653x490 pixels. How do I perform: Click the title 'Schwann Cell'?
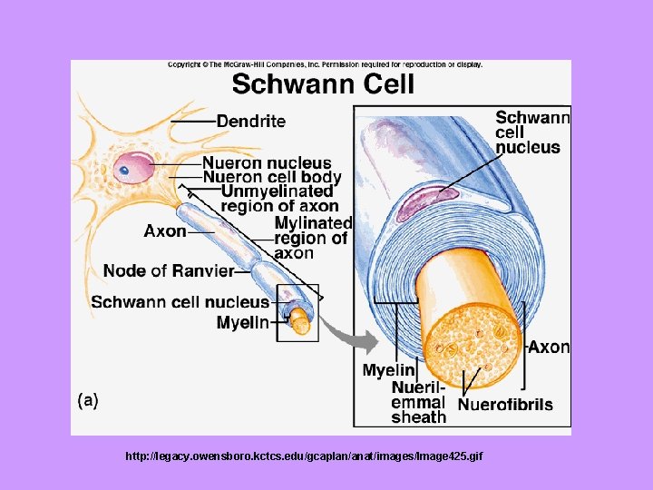[x=323, y=85]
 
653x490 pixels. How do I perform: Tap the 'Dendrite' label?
[x=251, y=121]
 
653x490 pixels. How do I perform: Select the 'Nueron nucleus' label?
[x=266, y=163]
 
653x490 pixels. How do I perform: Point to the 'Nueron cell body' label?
[x=271, y=178]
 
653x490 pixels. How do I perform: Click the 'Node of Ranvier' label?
[x=169, y=270]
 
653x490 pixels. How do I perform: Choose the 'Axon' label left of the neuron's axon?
[x=165, y=230]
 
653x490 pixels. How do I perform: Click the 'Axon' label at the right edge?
[x=550, y=347]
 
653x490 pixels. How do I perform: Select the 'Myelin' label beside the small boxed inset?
[x=242, y=322]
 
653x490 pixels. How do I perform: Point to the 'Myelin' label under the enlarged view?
[x=389, y=369]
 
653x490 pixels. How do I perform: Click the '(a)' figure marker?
[x=87, y=399]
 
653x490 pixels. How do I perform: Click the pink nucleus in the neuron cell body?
[x=135, y=167]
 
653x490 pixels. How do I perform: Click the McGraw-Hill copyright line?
[x=325, y=64]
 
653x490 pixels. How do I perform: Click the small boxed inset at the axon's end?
[x=298, y=312]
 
